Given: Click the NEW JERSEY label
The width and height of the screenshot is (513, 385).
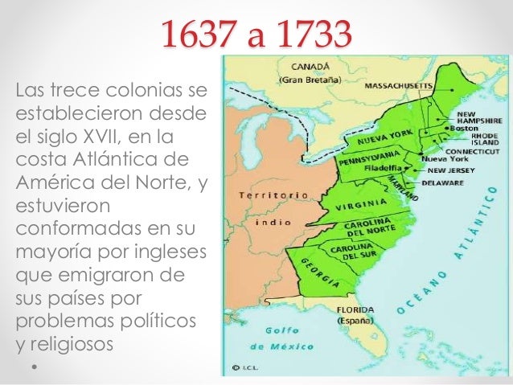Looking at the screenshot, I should pos(453,170).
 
